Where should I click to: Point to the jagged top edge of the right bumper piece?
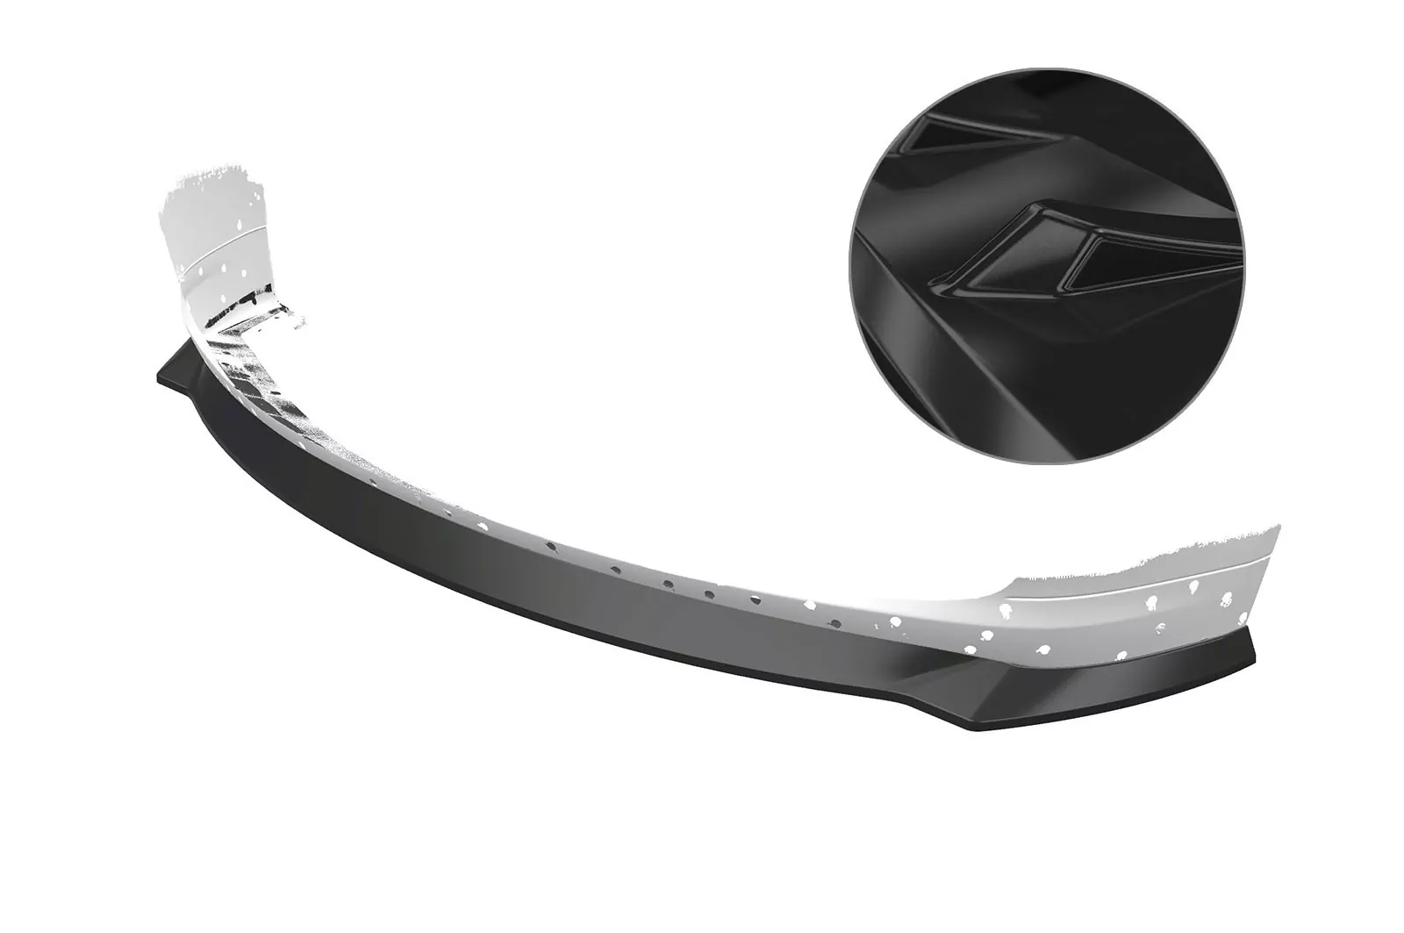click(x=1141, y=562)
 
